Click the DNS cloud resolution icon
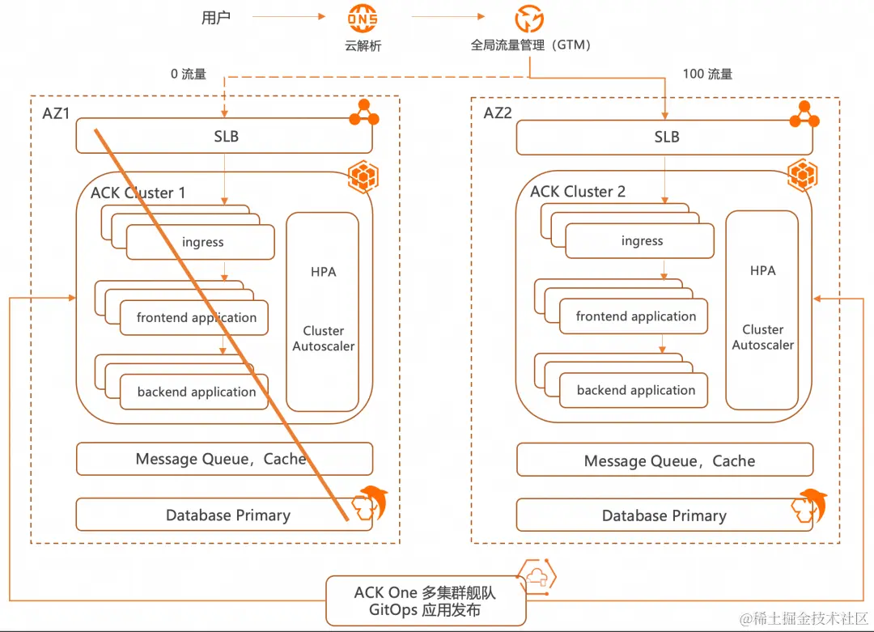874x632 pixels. point(362,16)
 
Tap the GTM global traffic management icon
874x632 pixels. point(530,18)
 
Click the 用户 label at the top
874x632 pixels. point(216,18)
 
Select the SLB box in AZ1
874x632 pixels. point(224,136)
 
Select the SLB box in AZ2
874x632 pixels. point(664,137)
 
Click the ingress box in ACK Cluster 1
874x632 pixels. point(202,242)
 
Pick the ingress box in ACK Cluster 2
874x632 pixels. point(642,241)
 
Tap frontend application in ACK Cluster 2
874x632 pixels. point(636,316)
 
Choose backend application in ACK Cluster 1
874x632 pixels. point(197,392)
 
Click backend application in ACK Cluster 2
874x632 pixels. point(636,390)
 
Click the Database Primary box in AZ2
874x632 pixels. point(664,515)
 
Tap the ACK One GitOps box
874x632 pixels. point(425,600)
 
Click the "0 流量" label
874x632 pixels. point(188,74)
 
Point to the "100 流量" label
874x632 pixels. point(707,74)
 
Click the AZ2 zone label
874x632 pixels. point(498,113)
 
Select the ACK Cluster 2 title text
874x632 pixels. point(578,192)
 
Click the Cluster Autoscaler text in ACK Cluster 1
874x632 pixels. point(323,338)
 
